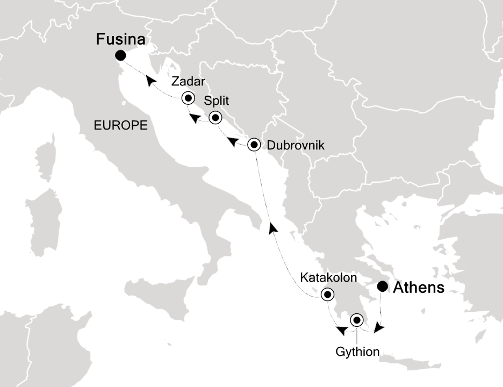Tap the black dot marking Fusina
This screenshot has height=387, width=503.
coord(120,55)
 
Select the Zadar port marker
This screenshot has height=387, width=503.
coord(188,98)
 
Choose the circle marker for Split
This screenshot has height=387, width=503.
coord(215,118)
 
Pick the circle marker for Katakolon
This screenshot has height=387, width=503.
coord(327,295)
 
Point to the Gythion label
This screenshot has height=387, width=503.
coord(357,352)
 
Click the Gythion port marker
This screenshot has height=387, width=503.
coord(357,320)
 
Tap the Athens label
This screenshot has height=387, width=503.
coord(419,288)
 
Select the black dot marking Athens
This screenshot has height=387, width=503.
coord(382,286)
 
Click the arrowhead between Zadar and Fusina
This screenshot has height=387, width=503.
coord(152,82)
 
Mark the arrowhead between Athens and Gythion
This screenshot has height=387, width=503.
coord(379,327)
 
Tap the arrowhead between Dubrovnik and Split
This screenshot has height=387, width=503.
coord(233,142)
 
